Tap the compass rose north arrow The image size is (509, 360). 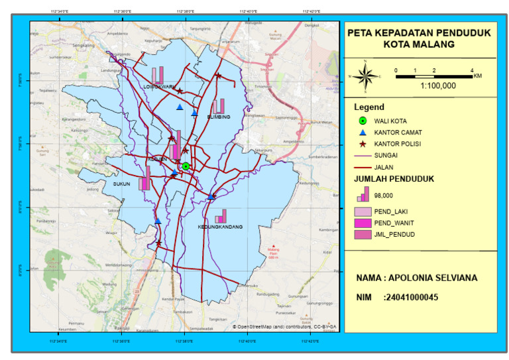point(364,76)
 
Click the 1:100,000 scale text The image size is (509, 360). point(438,86)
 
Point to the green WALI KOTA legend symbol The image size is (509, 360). point(363,121)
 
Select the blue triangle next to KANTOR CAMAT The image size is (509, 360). point(363,133)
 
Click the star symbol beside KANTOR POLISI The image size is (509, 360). point(363,144)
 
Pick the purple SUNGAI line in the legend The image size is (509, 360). point(363,156)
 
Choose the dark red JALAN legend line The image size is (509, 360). point(363,167)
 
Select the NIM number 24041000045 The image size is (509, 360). point(410,298)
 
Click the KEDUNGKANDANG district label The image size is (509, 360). point(220,227)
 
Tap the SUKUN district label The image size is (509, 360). point(121,184)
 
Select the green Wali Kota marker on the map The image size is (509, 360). point(186,166)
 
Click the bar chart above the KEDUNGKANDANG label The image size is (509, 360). point(221,216)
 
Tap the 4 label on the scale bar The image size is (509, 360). point(472,70)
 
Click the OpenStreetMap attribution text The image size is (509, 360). point(284,327)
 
